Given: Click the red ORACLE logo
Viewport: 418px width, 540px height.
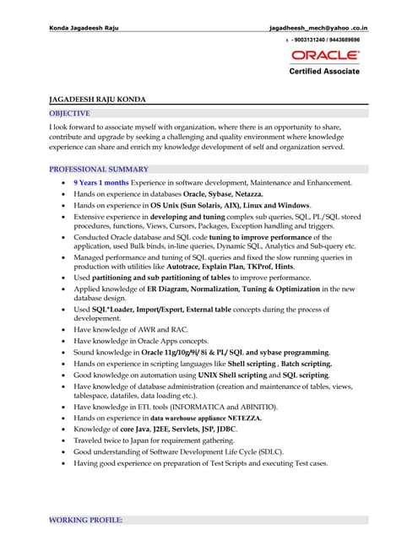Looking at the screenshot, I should (325, 56).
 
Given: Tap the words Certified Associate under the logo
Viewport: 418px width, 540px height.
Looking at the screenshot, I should (324, 72).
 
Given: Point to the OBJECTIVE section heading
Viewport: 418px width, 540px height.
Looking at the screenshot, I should (70, 112).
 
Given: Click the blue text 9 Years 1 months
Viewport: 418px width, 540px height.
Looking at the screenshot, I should (101, 182).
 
